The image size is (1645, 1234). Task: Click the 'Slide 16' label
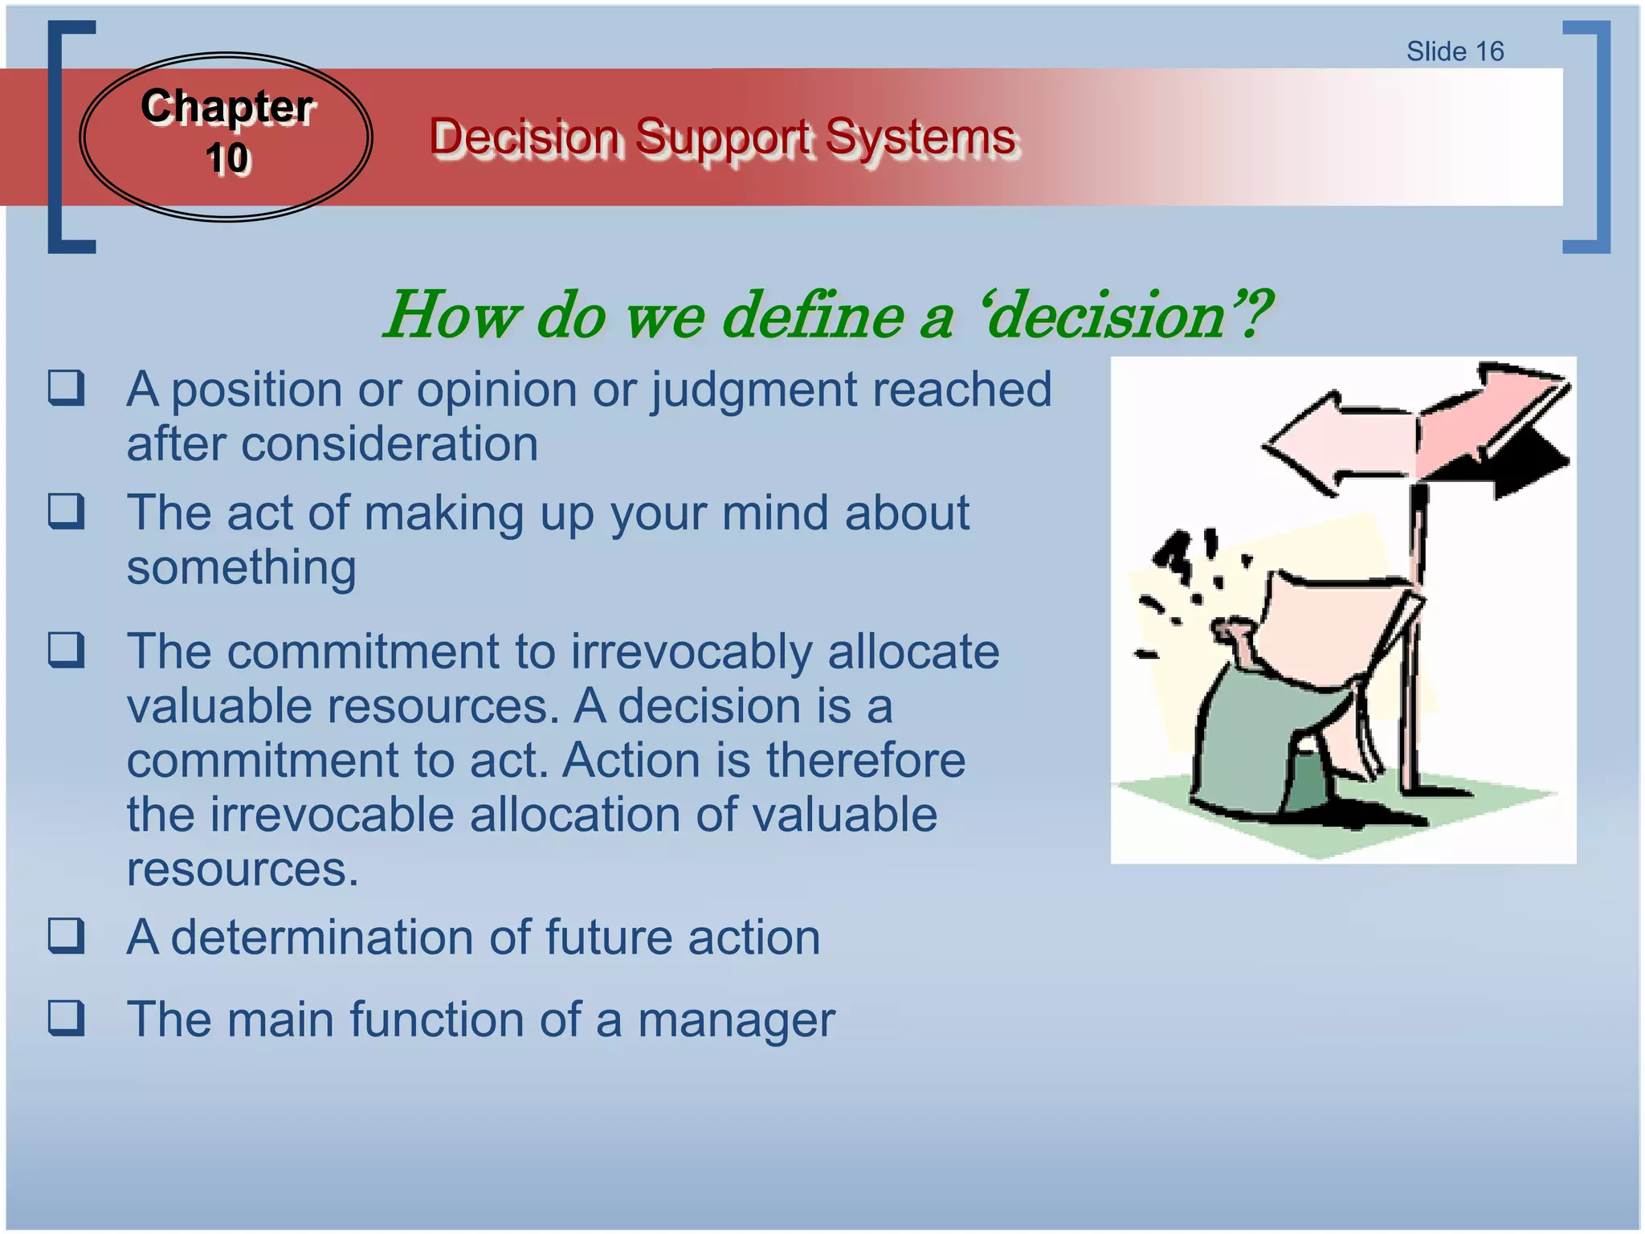click(x=1455, y=51)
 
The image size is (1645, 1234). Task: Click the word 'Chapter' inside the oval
click(x=227, y=107)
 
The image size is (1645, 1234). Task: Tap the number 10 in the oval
click(x=227, y=158)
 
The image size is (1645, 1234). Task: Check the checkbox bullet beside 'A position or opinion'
click(x=66, y=388)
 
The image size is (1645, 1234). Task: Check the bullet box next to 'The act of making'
click(x=66, y=511)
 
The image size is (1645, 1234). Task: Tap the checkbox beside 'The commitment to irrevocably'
click(x=66, y=650)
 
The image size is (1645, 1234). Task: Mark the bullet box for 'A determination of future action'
click(x=66, y=936)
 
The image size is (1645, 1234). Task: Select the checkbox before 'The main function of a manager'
click(x=66, y=1018)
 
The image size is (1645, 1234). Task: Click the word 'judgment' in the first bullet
click(x=754, y=391)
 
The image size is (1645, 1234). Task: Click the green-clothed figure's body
click(x=1253, y=739)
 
